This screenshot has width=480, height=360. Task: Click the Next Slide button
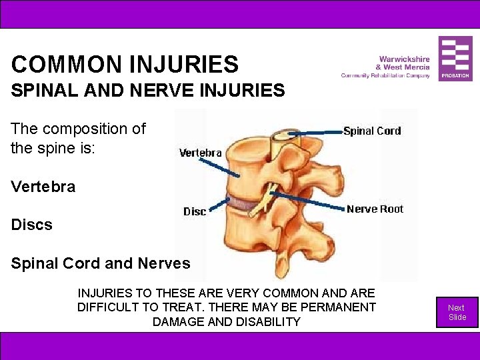tap(457, 312)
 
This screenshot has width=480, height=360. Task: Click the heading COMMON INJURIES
tap(125, 65)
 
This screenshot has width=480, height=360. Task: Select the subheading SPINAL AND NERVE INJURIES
tap(148, 90)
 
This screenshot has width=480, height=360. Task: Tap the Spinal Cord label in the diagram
tap(372, 131)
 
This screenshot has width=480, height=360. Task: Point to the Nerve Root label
tap(375, 209)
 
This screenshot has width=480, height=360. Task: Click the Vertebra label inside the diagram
tap(201, 153)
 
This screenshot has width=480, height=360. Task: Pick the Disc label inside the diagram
tap(195, 211)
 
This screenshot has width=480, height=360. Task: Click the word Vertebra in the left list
tap(43, 187)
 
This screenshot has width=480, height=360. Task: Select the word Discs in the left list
tap(31, 225)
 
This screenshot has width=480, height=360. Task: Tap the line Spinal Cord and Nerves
tap(101, 263)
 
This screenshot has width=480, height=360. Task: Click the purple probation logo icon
tap(455, 58)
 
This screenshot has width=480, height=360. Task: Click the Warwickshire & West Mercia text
tap(403, 63)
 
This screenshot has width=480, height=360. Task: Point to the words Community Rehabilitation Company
tap(385, 75)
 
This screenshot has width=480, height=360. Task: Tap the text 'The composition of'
tap(78, 129)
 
